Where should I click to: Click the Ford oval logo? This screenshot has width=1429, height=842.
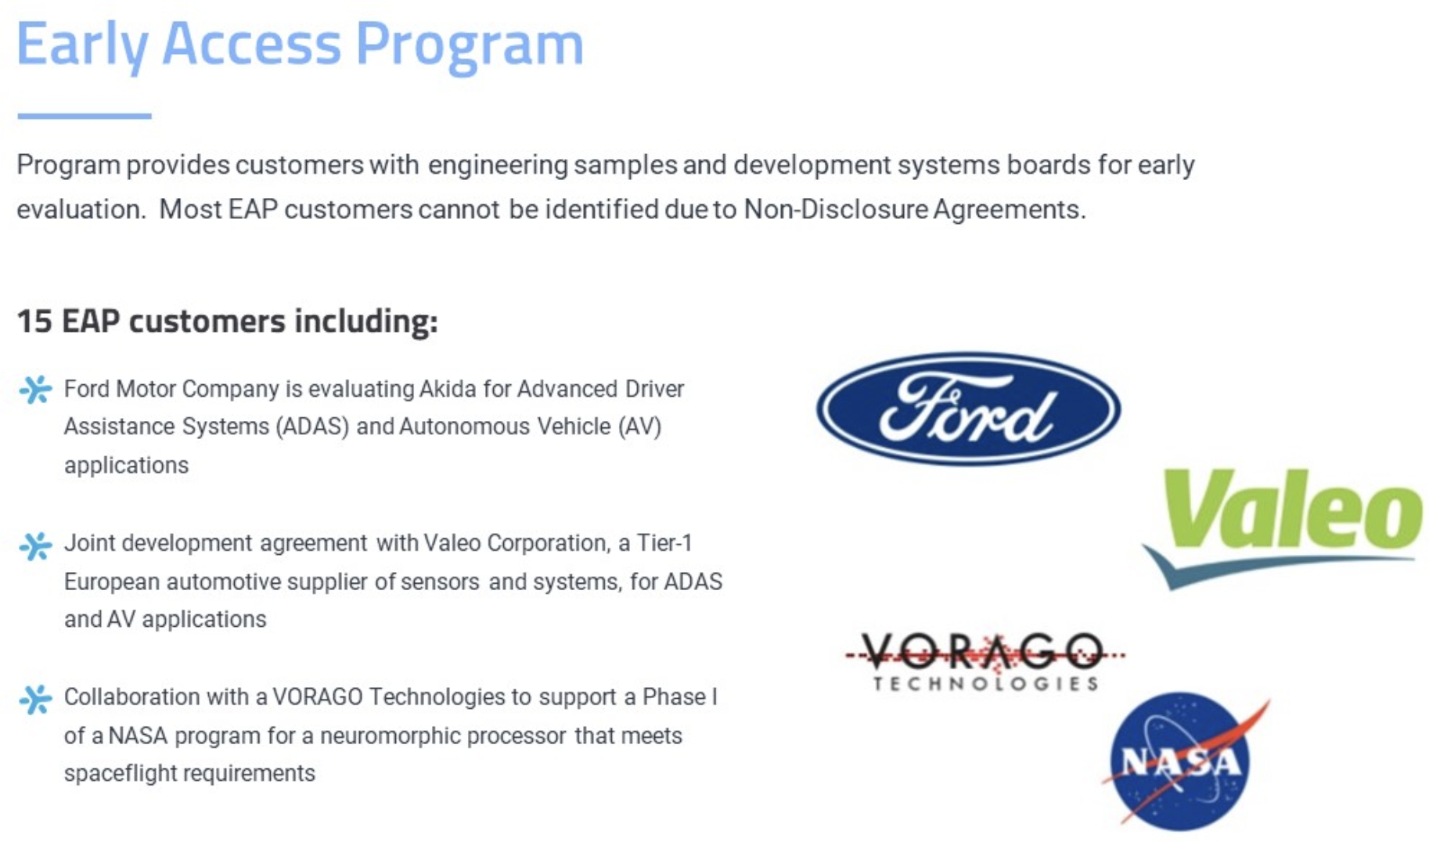(x=968, y=408)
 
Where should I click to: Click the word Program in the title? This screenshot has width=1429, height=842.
(x=470, y=45)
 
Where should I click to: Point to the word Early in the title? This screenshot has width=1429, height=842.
(x=82, y=45)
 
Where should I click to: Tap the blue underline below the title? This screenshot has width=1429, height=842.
(x=85, y=116)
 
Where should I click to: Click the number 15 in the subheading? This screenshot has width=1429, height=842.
(x=34, y=321)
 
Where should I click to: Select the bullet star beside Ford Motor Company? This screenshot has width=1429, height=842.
(x=35, y=389)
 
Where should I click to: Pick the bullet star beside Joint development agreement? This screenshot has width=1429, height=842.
(x=35, y=545)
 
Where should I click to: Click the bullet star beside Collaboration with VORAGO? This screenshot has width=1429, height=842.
(x=35, y=699)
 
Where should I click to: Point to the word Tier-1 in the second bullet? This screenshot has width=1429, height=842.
(x=664, y=542)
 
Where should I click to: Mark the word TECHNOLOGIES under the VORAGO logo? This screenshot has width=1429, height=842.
(x=986, y=684)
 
